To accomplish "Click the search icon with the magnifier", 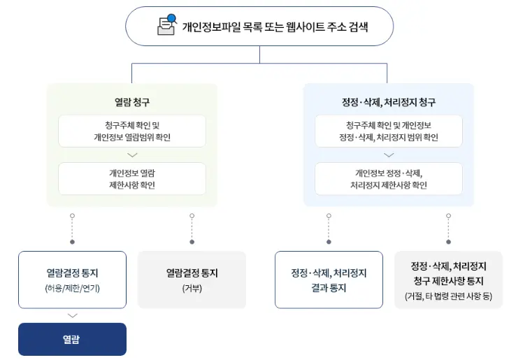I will [166, 25].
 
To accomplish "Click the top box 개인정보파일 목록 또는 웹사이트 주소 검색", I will [259, 27].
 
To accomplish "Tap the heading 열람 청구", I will [132, 102].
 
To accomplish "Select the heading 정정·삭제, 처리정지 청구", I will [388, 102].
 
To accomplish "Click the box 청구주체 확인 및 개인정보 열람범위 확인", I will [132, 131].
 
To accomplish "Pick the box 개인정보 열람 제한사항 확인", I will [132, 179].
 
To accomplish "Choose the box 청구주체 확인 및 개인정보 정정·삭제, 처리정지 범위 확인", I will [388, 131].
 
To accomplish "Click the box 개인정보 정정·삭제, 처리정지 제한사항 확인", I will [388, 179].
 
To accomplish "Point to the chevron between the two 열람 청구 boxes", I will [132, 155].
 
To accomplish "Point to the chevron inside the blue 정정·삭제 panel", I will [388, 155].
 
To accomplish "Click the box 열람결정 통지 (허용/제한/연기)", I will [72, 280].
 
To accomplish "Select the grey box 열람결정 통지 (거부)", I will [192, 280].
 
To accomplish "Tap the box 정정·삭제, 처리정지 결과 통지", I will [329, 280].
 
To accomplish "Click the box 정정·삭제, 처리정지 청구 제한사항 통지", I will [448, 280].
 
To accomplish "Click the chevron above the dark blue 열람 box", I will [72, 315].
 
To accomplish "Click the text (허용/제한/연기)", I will [72, 288].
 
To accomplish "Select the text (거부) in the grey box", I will [192, 288].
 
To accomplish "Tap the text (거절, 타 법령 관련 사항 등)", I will [448, 296].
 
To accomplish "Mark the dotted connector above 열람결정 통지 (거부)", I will [192, 229].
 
